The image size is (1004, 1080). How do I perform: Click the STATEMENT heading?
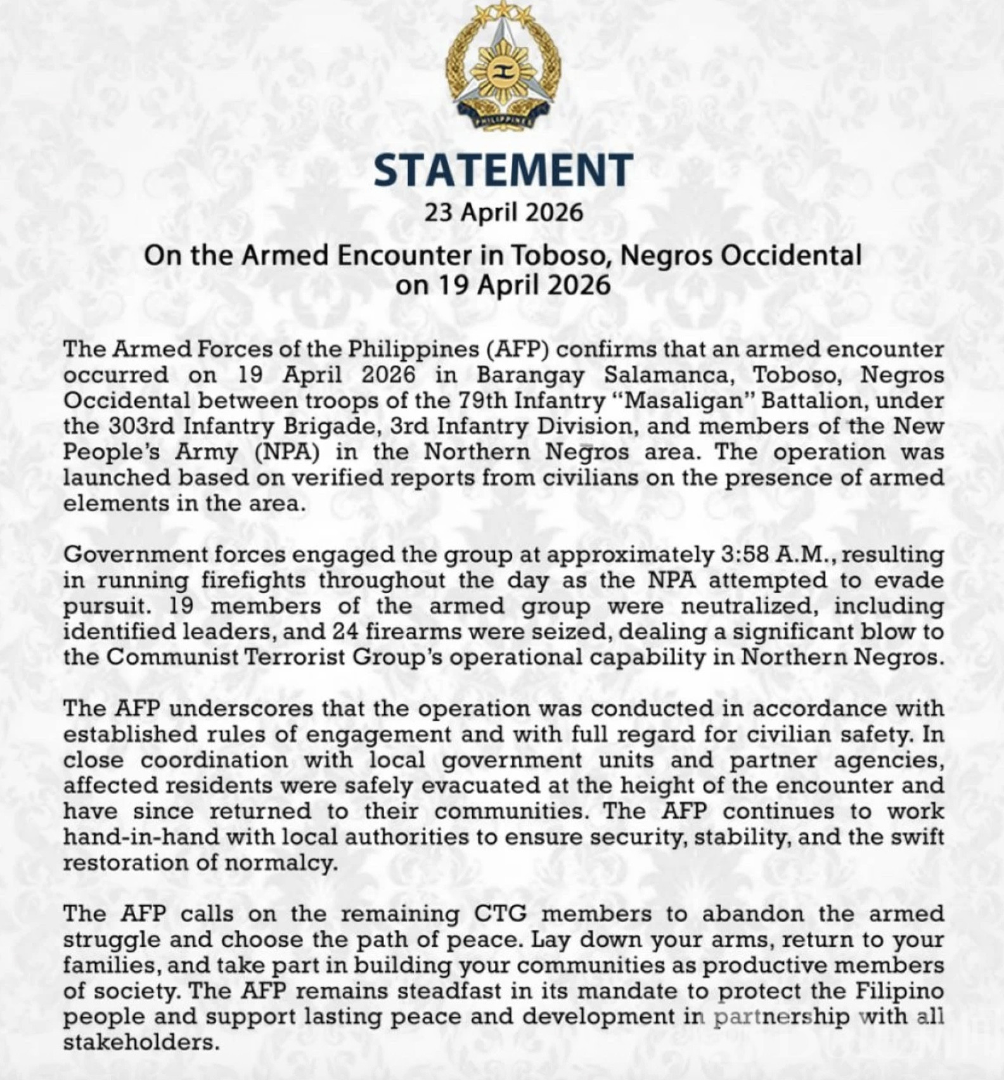point(503,170)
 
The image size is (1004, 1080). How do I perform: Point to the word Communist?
point(171,657)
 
